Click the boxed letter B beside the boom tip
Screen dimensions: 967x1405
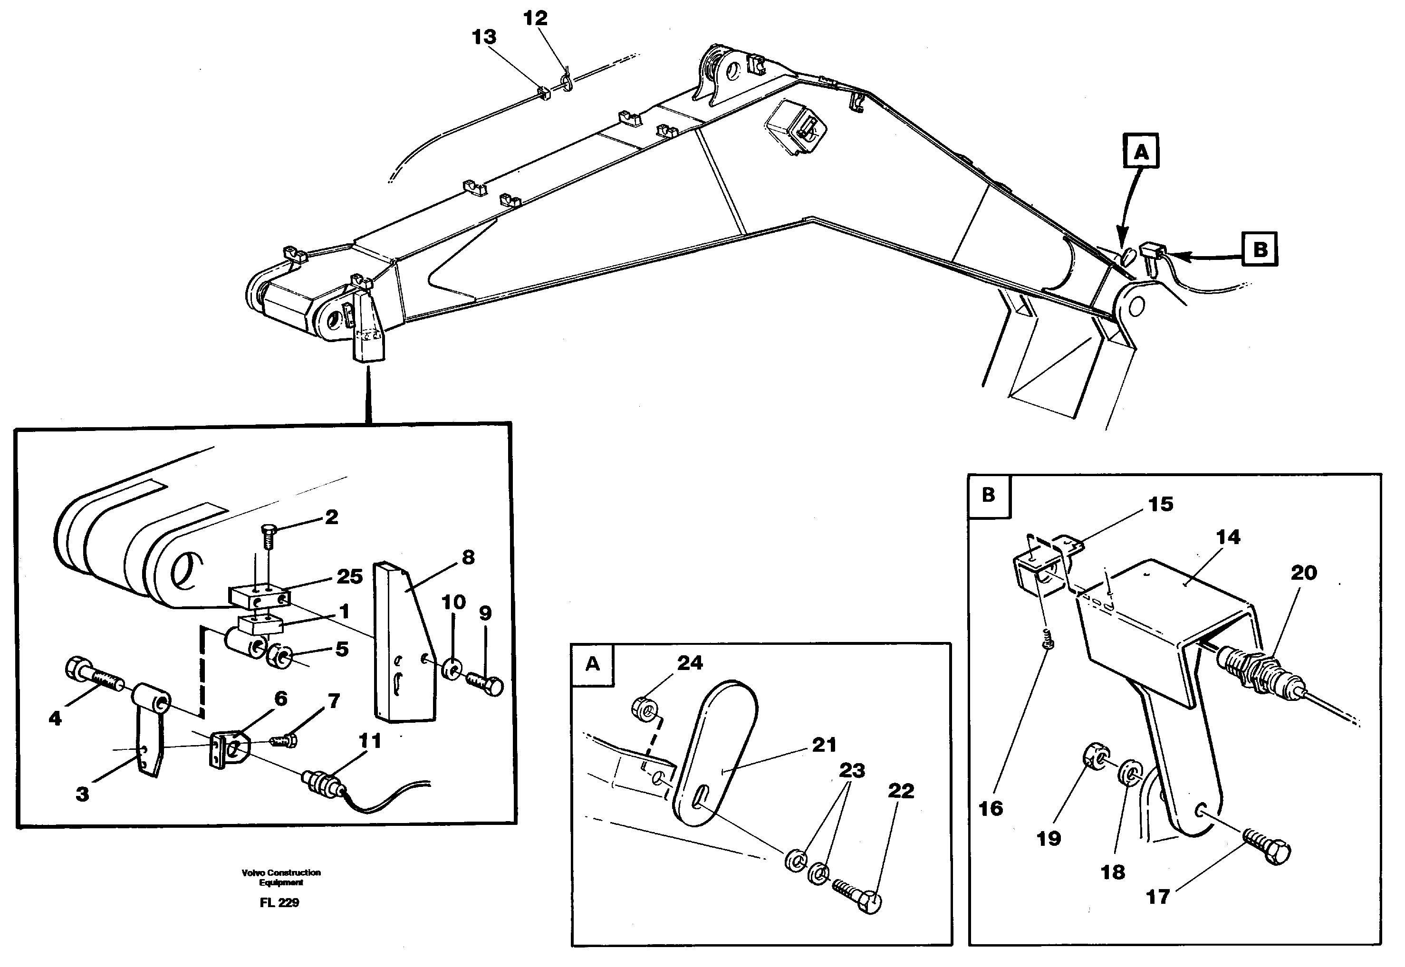click(1260, 249)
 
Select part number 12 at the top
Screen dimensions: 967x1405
click(535, 18)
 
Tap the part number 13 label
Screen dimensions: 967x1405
click(484, 37)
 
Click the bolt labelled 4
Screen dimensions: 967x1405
click(94, 674)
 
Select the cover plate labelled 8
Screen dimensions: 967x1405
click(403, 642)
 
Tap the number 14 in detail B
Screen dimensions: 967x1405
click(1228, 537)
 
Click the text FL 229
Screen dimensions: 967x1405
click(279, 903)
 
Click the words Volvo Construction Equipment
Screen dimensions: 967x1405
click(280, 877)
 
